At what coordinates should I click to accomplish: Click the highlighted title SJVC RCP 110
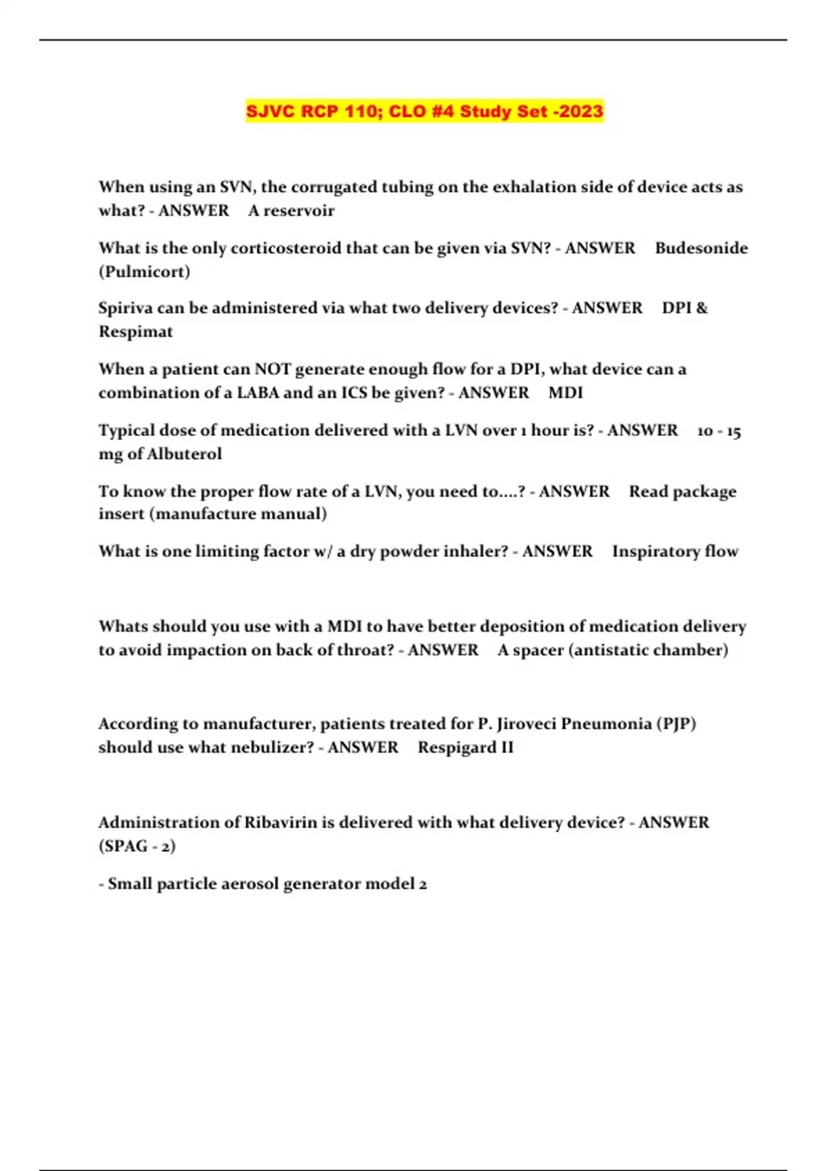click(425, 112)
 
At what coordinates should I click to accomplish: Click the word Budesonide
click(701, 248)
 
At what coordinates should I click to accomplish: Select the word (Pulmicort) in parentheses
click(144, 271)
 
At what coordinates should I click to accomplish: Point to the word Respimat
click(135, 331)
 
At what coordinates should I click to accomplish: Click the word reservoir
click(299, 211)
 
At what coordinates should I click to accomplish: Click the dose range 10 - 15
click(719, 431)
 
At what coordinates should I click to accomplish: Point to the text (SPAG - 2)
click(136, 846)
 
